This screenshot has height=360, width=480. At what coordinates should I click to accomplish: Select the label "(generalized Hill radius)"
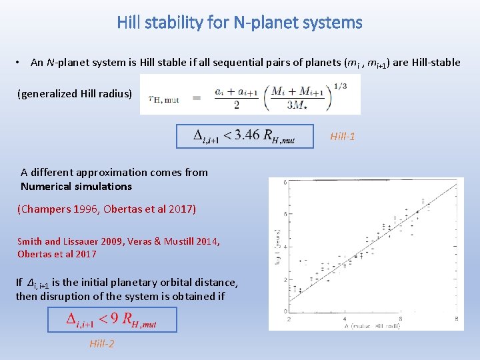tap(75, 93)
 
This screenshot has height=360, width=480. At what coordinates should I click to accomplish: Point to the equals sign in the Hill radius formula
tap(197, 98)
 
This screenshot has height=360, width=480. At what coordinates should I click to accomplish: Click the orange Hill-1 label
tap(342, 137)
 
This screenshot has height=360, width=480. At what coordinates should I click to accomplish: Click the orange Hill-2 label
tap(102, 343)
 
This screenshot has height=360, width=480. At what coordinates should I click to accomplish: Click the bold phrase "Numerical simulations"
tap(76, 186)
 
